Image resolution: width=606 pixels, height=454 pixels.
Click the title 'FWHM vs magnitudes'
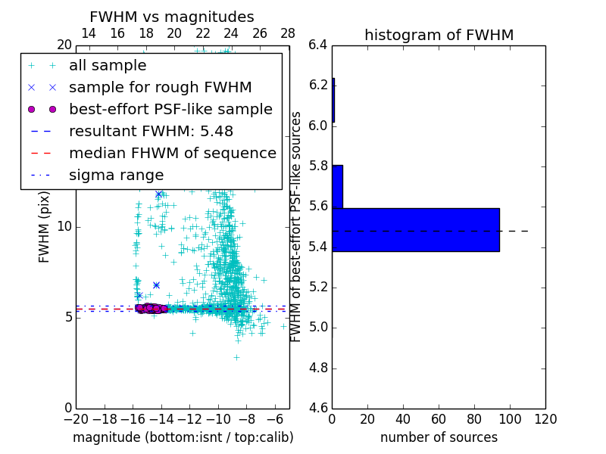[x=171, y=17]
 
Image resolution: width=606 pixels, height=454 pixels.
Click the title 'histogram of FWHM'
[x=439, y=35]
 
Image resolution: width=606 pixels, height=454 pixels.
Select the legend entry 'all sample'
[x=108, y=66]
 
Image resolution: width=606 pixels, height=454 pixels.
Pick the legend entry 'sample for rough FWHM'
[x=160, y=88]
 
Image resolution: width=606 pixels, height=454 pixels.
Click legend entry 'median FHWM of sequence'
[x=172, y=153]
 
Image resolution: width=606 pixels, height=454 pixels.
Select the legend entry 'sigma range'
[x=116, y=175]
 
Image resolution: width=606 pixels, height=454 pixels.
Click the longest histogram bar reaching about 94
[x=415, y=229]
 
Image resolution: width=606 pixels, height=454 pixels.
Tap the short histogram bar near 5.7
[x=337, y=187]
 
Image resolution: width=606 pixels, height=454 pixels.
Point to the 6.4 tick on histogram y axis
[x=317, y=45]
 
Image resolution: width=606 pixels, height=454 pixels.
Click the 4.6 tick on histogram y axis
[x=317, y=409]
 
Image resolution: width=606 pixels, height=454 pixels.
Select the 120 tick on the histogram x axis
[x=545, y=419]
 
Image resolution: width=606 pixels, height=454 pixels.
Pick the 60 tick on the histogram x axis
[x=439, y=419]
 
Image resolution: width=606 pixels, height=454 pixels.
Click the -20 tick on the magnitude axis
[x=75, y=419]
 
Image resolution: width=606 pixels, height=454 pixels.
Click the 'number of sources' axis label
[x=439, y=437]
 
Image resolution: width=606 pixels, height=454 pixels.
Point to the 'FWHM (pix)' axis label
[x=45, y=226]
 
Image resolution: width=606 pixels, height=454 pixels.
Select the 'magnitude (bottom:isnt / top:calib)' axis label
[x=183, y=437]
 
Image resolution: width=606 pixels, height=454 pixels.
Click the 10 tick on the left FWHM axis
[x=64, y=226]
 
